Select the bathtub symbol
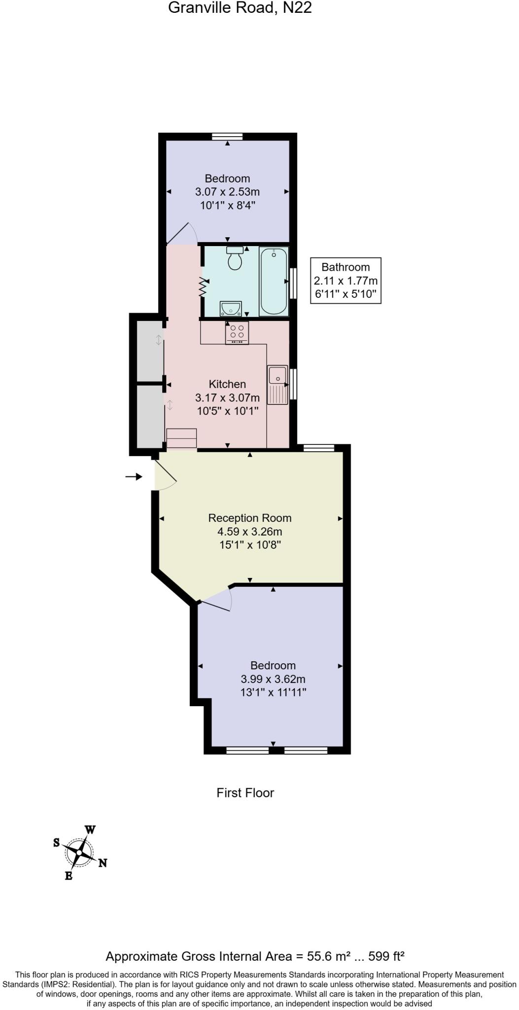coord(274,281)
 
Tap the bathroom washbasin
coord(230,309)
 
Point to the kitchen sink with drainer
coord(277,385)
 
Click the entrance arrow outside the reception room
coord(134,476)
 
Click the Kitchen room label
coord(227,384)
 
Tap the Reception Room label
coord(250,518)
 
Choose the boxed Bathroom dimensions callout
coord(346,281)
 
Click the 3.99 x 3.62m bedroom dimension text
coord(273,679)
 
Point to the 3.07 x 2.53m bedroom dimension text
coord(227,191)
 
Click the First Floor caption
coord(245,793)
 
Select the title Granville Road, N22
coord(240,8)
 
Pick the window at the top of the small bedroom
coord(227,137)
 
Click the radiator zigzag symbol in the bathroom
coord(203,287)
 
